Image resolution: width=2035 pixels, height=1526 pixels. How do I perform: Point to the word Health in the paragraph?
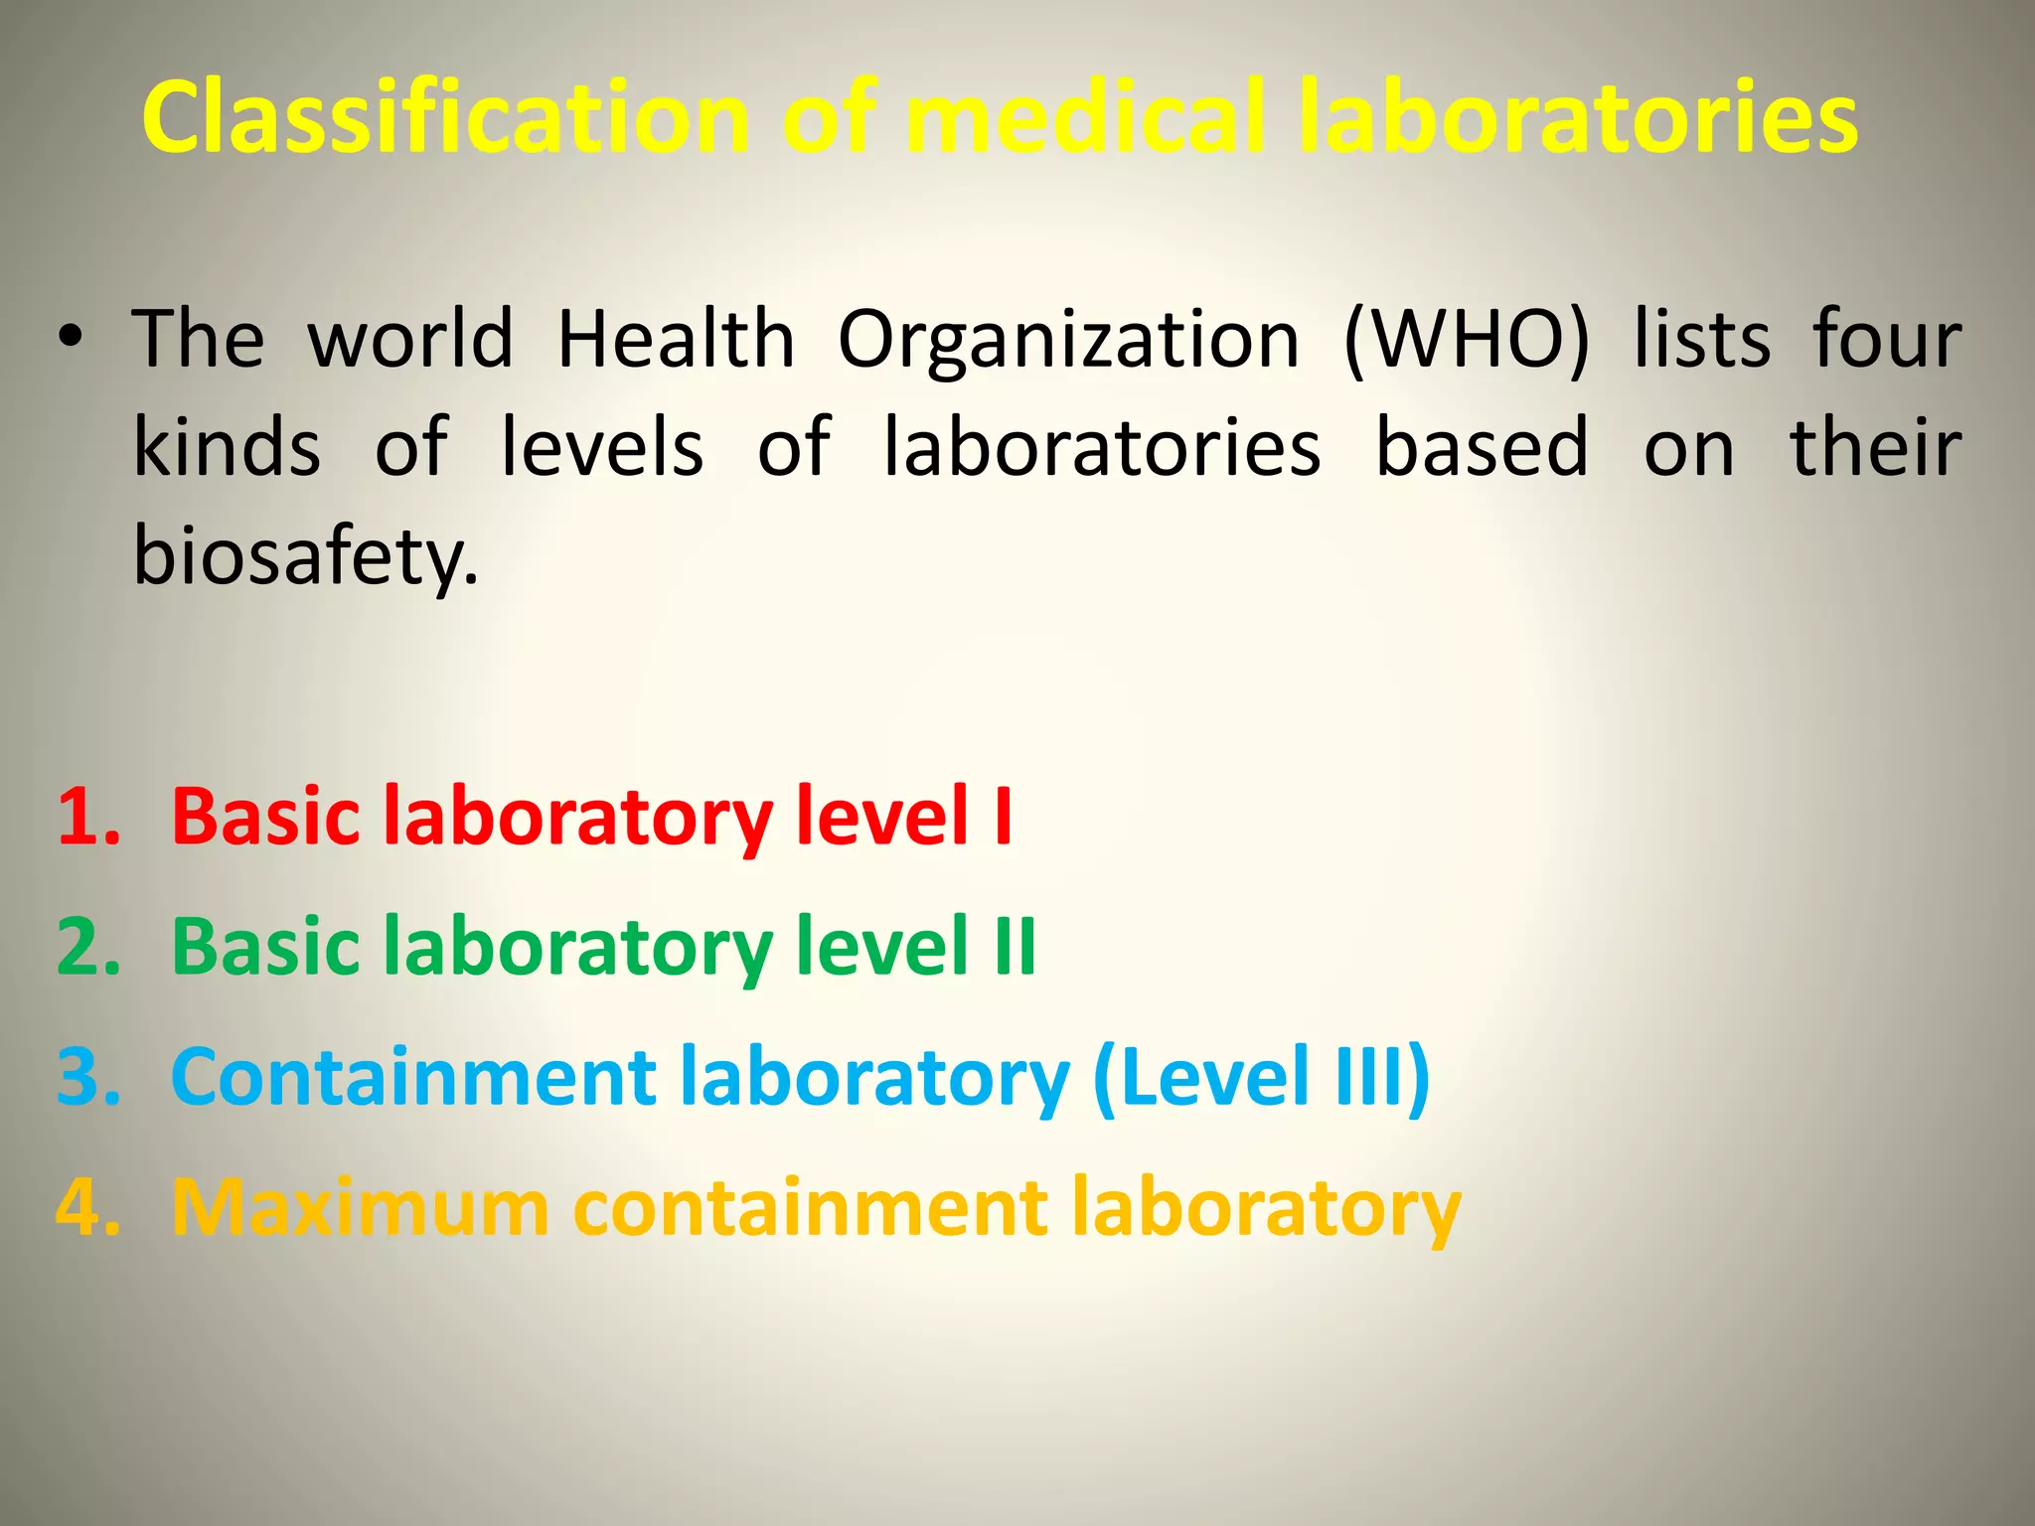tap(676, 339)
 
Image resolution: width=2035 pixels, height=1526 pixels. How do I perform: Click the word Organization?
tap(1068, 341)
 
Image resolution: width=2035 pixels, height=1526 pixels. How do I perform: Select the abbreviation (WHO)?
tap(1467, 341)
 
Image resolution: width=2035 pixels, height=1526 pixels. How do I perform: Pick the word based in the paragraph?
tap(1482, 448)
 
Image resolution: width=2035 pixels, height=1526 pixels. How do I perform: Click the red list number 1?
tap(87, 818)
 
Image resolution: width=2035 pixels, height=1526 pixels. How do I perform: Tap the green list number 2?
tap(87, 947)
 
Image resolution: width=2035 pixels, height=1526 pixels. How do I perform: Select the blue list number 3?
tap(87, 1077)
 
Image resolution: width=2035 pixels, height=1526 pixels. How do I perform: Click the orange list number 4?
tap(87, 1208)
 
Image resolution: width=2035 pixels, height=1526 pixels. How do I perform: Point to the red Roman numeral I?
tap(1003, 818)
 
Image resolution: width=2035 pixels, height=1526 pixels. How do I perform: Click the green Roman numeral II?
tap(1015, 947)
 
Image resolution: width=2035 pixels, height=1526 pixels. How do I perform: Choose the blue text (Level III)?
tap(1261, 1078)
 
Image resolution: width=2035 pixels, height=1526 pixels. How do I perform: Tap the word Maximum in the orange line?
tap(360, 1208)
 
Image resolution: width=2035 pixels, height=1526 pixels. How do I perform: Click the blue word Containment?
tap(413, 1077)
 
